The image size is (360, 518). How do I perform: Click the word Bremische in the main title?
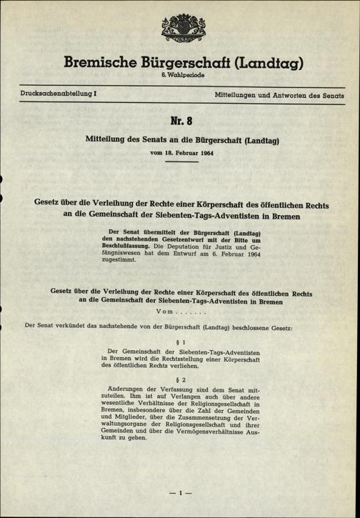pyautogui.click(x=99, y=64)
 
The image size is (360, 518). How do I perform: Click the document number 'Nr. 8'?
pyautogui.click(x=180, y=121)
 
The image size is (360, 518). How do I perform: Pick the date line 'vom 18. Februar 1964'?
pyautogui.click(x=180, y=153)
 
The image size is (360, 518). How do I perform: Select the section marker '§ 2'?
pyautogui.click(x=179, y=379)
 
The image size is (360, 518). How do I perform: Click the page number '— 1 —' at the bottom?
pyautogui.click(x=179, y=493)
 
